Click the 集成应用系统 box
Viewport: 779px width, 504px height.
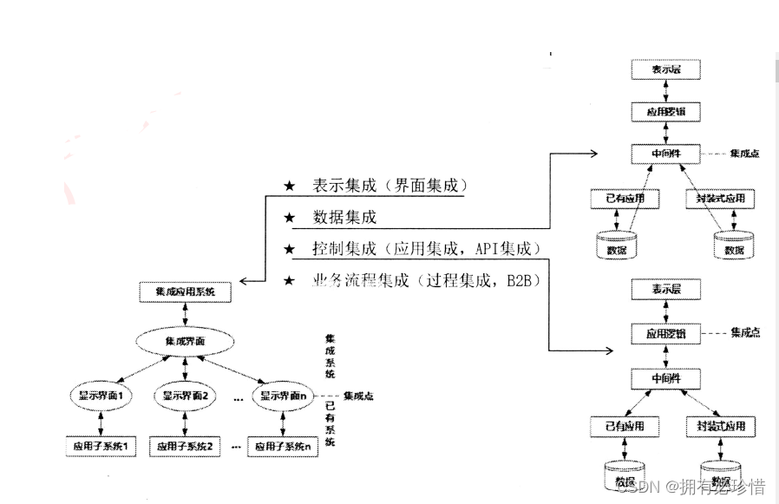pyautogui.click(x=186, y=292)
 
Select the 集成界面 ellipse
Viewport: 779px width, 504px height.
pyautogui.click(x=185, y=342)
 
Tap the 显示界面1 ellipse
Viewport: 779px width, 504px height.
pyautogui.click(x=101, y=396)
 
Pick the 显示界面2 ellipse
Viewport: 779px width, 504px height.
pyautogui.click(x=185, y=396)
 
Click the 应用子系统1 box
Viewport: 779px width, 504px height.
pyautogui.click(x=101, y=447)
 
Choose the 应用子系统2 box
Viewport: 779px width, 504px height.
pyautogui.click(x=185, y=447)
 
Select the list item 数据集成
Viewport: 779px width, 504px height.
pyautogui.click(x=344, y=217)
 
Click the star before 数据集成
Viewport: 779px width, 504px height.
pyautogui.click(x=290, y=217)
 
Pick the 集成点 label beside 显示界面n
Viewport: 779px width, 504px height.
pyautogui.click(x=359, y=396)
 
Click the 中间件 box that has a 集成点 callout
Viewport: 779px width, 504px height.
pyautogui.click(x=664, y=154)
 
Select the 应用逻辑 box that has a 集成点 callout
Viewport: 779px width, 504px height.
pyautogui.click(x=664, y=333)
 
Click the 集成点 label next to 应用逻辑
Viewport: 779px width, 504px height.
pyautogui.click(x=745, y=333)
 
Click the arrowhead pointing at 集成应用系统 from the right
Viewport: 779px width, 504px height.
pyautogui.click(x=245, y=281)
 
